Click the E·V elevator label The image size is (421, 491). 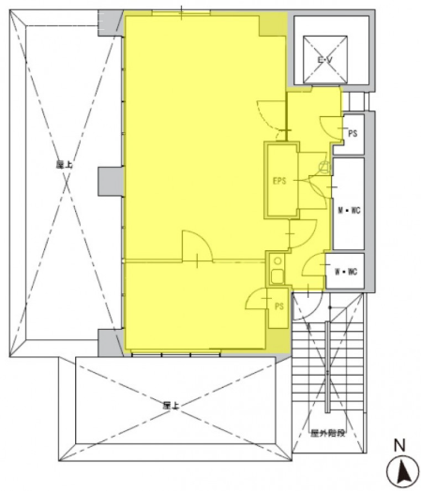323,59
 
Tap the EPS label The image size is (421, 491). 278,180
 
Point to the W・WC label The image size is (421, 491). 344,273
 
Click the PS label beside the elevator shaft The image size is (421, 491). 353,134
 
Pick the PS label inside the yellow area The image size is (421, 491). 278,306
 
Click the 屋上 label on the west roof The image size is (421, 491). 64,163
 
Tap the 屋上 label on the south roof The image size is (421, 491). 171,405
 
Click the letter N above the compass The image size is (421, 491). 398,446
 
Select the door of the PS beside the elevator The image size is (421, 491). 331,123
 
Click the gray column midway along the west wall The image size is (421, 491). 110,179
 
